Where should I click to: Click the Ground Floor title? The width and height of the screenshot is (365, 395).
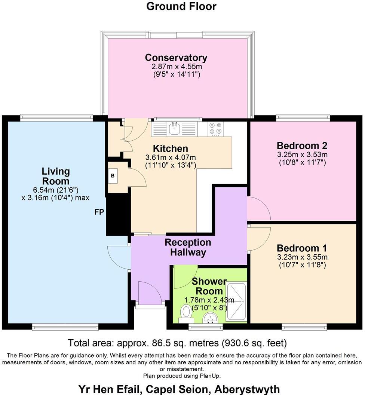click(181, 6)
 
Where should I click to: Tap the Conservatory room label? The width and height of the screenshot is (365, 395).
click(176, 58)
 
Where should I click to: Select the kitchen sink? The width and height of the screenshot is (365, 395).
click(174, 128)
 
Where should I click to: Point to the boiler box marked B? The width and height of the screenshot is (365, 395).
click(113, 175)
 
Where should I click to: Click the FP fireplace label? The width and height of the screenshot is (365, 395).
click(99, 212)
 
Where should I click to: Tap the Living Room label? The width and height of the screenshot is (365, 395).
click(56, 176)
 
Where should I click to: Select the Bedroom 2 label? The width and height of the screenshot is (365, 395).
click(302, 146)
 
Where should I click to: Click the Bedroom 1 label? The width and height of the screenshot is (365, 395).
click(302, 248)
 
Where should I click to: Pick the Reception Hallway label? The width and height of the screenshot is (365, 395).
click(188, 247)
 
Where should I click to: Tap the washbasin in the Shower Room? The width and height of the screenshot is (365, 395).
click(210, 318)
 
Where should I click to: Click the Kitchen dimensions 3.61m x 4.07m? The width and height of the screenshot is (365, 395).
click(171, 157)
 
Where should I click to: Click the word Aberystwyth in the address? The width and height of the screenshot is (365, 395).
click(247, 389)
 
